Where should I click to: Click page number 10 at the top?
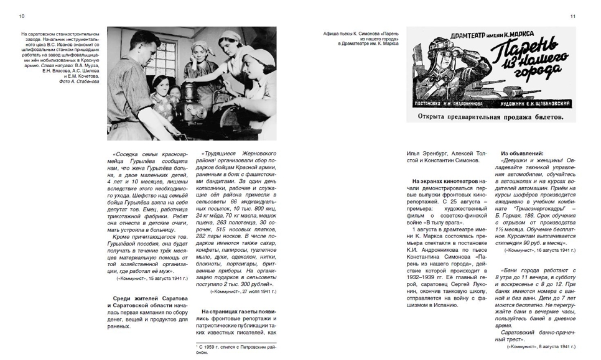[22, 17]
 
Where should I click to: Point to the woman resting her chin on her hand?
[164, 88]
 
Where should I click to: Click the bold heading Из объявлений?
[522, 153]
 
